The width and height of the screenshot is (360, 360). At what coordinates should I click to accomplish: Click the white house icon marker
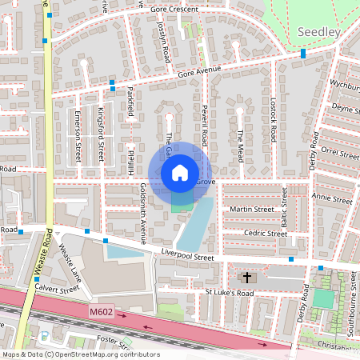tap(180, 172)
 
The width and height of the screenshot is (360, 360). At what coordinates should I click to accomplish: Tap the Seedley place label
tap(319, 31)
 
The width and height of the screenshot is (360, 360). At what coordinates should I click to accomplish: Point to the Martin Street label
tap(251, 210)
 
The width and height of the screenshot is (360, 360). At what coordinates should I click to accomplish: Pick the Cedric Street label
tap(266, 234)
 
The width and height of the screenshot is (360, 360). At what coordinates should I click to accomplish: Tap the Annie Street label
tap(332, 198)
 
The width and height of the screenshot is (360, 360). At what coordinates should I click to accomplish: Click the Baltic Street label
tap(283, 205)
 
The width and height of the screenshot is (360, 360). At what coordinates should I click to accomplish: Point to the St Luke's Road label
tap(230, 294)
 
